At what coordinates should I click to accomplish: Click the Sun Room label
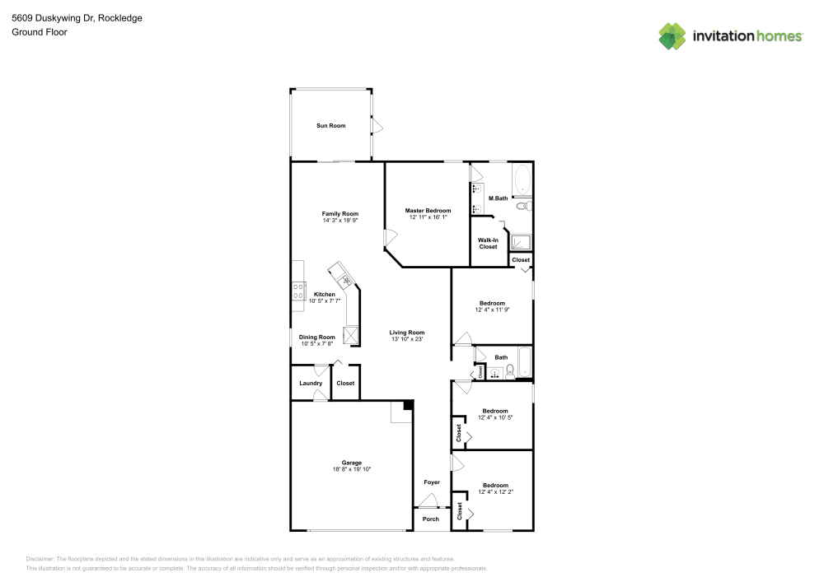[x=330, y=126]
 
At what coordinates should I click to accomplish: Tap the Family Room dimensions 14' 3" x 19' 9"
[x=340, y=221]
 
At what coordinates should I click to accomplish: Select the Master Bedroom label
[x=428, y=211]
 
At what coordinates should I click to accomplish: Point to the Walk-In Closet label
[x=488, y=244]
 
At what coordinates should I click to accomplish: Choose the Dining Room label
[x=317, y=337]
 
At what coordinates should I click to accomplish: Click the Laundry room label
[x=311, y=383]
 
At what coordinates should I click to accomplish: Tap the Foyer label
[x=432, y=482]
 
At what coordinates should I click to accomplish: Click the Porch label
[x=431, y=519]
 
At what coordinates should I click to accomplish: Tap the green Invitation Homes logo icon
[x=672, y=35]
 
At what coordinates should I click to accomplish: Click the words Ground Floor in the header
[x=39, y=32]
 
